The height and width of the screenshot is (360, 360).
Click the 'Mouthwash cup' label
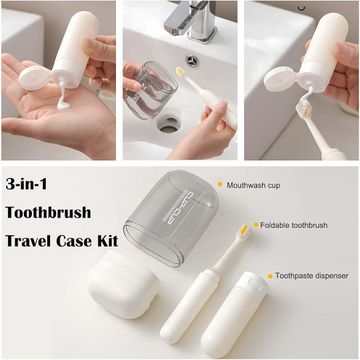(x=253, y=185)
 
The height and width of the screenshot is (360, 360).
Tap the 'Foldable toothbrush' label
(x=294, y=225)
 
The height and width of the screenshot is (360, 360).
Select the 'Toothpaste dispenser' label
(x=312, y=276)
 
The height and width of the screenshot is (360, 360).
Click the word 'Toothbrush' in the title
(x=48, y=212)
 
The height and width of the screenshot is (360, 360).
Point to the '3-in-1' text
(x=26, y=184)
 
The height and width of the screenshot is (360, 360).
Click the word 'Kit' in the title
(x=106, y=241)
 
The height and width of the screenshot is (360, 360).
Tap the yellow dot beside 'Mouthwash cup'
(x=220, y=184)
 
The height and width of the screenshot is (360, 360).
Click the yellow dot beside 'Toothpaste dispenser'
(x=270, y=276)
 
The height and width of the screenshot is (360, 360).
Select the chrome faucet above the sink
(x=192, y=21)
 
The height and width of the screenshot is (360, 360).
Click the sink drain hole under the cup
(x=169, y=124)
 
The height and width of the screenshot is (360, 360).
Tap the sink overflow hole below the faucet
(x=192, y=61)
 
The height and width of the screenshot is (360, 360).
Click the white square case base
(x=123, y=285)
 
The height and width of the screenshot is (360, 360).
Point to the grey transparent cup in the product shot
(x=171, y=217)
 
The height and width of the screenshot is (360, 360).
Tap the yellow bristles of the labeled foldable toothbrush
(x=245, y=230)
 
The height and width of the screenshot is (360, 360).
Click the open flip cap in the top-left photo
(x=35, y=77)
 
